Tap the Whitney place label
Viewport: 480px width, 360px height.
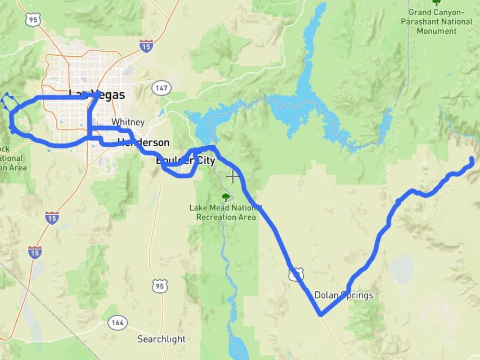(x=128, y=122)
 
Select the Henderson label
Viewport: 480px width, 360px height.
(x=143, y=142)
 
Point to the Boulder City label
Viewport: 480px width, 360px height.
(x=185, y=161)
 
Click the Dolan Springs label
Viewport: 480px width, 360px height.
(x=343, y=295)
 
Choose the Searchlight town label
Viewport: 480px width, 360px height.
(x=161, y=339)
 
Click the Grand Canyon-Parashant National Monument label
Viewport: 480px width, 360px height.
(x=436, y=21)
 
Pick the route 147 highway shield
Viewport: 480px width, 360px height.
(x=162, y=88)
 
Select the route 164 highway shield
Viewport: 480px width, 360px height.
(x=118, y=323)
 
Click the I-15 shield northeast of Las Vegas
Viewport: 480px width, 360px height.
(x=146, y=46)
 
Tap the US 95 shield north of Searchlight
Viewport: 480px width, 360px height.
(x=159, y=286)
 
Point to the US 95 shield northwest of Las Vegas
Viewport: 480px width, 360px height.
(x=32, y=20)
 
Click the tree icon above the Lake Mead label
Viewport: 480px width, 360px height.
(x=226, y=197)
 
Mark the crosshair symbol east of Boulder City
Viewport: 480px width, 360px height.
(x=232, y=177)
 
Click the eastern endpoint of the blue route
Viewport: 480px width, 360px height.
(x=472, y=161)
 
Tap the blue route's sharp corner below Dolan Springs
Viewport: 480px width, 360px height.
(x=320, y=314)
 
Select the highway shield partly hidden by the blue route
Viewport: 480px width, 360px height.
(x=296, y=274)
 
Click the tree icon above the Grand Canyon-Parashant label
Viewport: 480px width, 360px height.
(x=436, y=3)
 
